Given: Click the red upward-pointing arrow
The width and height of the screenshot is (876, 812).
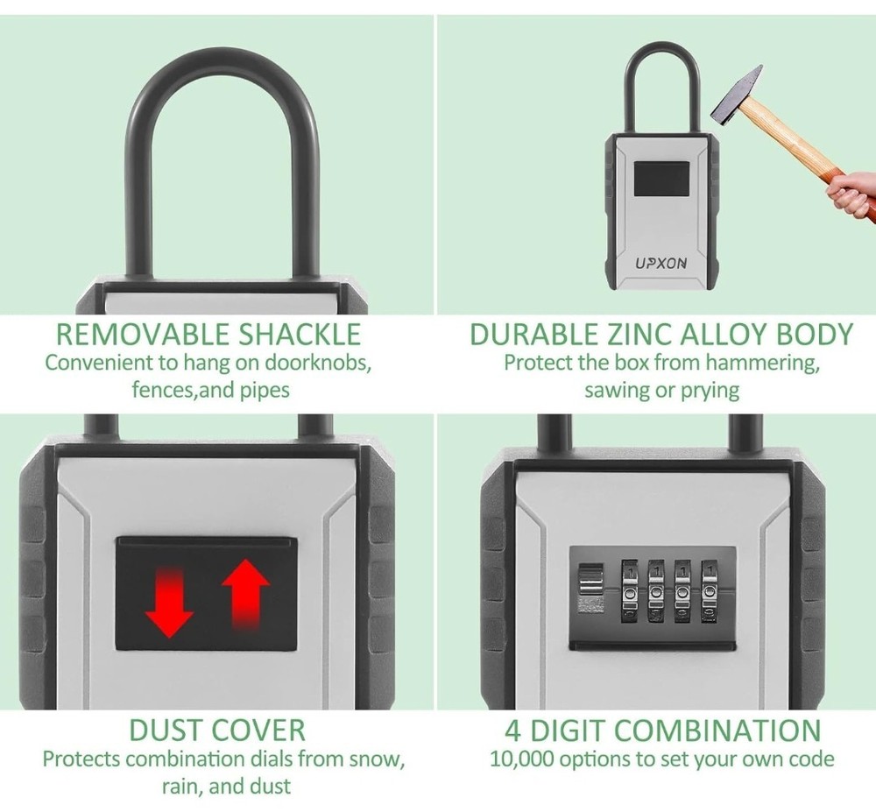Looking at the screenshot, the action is click(245, 593).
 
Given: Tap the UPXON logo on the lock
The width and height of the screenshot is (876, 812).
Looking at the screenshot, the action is click(661, 263).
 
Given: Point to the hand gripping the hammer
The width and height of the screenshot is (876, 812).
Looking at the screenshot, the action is click(851, 193).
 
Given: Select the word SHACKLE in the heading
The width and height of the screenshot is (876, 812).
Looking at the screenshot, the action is click(299, 334).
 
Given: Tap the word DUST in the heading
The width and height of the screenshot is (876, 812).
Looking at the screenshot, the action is click(166, 730).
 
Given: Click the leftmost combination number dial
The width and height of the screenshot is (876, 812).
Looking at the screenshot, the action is click(630, 591).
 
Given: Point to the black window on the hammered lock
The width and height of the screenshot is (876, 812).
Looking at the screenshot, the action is click(661, 180).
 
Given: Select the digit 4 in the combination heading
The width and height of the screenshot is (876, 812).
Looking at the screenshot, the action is click(513, 731).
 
